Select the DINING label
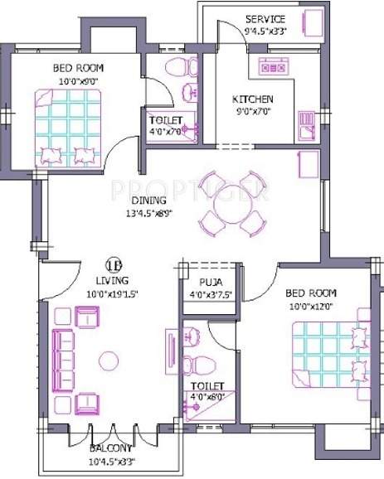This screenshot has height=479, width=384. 148,201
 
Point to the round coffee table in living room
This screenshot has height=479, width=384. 107,360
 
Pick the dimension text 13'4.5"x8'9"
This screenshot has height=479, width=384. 148,214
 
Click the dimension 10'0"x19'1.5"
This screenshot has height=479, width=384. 110,293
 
